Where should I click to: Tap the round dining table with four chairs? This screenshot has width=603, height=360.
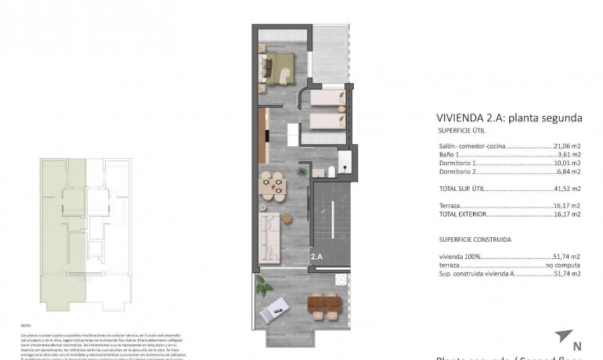[x=273, y=185]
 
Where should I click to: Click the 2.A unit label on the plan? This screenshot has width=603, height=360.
[x=317, y=256]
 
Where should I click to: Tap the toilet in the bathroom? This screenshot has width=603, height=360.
[x=330, y=174]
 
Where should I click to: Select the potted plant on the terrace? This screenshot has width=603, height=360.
[x=339, y=279]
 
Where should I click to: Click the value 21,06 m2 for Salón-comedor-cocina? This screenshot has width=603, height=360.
[x=567, y=146]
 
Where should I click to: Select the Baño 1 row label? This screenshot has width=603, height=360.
[x=450, y=155]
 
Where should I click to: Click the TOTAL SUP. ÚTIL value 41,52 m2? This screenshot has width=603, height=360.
[x=567, y=189]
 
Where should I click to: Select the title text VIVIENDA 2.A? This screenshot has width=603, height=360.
[x=471, y=118]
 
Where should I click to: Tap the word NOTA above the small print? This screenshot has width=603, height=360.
[x=24, y=323]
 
